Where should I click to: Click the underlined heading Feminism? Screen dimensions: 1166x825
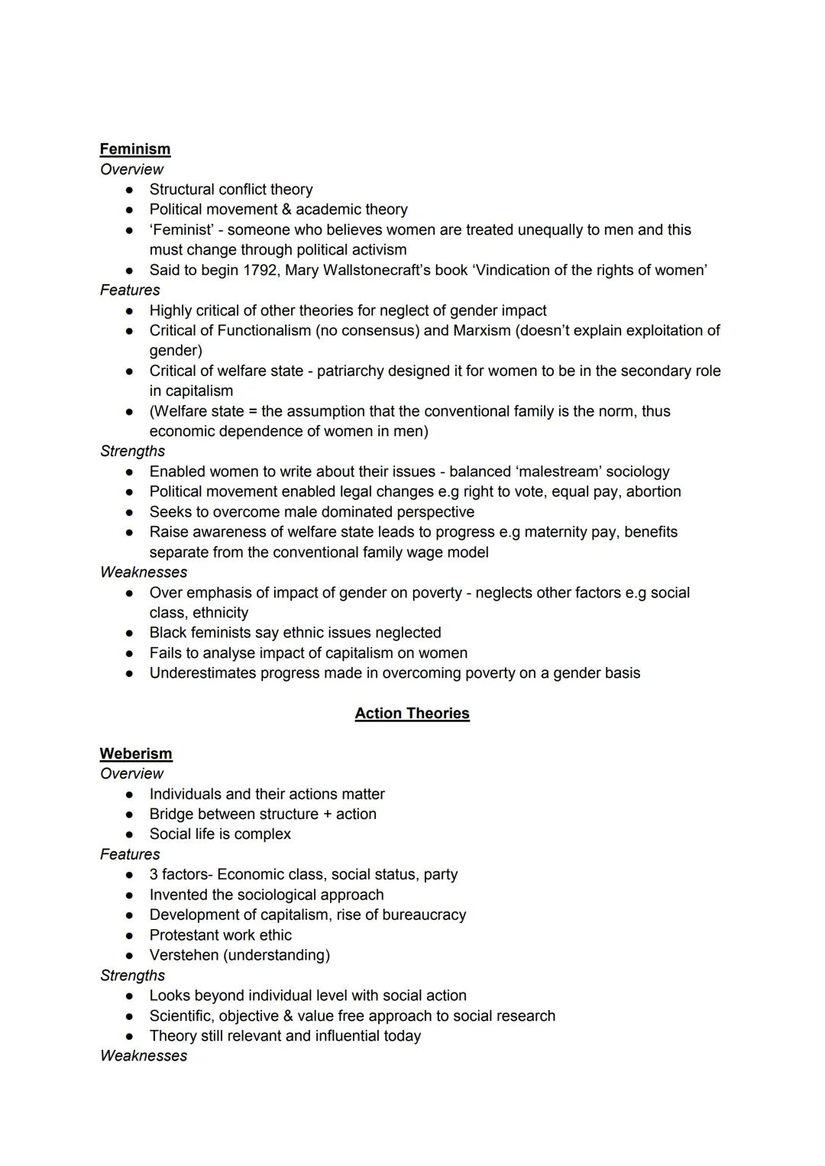135,149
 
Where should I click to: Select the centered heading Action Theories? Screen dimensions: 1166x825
412,713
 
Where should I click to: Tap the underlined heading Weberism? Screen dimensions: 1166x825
136,753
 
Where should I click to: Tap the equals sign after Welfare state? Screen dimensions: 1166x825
253,411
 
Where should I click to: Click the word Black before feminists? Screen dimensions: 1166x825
170,633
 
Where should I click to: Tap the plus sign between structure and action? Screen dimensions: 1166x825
327,814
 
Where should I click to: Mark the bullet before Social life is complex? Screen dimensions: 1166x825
131,834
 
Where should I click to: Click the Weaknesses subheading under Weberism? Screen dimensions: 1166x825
144,1056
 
